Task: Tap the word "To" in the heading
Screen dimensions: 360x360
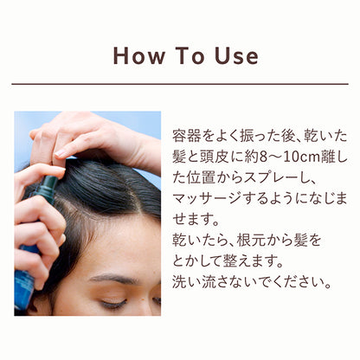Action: pos(190,56)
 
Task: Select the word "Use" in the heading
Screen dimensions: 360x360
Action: pos(236,56)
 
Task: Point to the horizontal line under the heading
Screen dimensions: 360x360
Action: pos(180,84)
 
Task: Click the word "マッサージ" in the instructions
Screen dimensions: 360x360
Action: pos(207,200)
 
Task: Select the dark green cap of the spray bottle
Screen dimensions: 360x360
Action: pos(48,188)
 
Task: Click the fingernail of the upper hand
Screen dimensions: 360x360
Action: pos(61,153)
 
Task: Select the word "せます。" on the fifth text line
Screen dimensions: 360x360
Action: pos(196,221)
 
